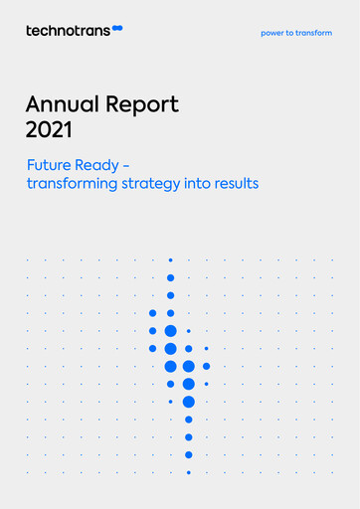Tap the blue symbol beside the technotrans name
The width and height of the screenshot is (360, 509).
[118, 31]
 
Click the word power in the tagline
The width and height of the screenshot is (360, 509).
[272, 33]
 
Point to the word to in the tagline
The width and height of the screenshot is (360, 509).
[291, 33]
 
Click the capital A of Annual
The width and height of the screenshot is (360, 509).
[33, 104]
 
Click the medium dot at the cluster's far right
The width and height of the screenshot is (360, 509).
[206, 366]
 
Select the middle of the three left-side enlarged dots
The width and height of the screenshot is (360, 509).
[152, 330]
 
